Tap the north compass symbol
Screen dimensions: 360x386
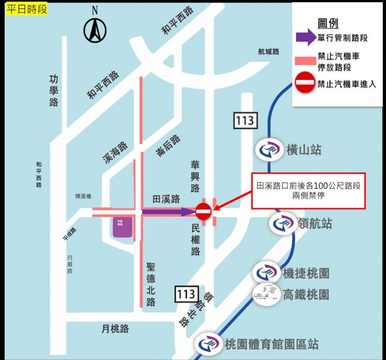click(x=95, y=30)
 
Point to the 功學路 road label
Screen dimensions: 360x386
click(x=54, y=91)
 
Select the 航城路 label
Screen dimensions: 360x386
click(x=268, y=51)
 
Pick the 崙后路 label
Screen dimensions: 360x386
click(x=168, y=145)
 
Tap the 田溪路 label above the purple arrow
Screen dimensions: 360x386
click(x=166, y=198)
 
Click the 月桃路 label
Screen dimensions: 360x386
click(x=115, y=328)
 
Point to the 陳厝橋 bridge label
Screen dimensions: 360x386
click(x=83, y=196)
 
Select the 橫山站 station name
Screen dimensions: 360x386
click(x=304, y=150)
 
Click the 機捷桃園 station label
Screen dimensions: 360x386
click(x=306, y=273)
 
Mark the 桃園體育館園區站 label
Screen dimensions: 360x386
click(x=272, y=343)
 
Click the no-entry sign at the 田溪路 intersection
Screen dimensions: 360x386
click(x=203, y=211)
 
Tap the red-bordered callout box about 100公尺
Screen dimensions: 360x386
click(x=308, y=191)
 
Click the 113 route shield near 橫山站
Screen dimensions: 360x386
click(x=244, y=121)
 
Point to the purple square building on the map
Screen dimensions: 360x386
click(x=123, y=227)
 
